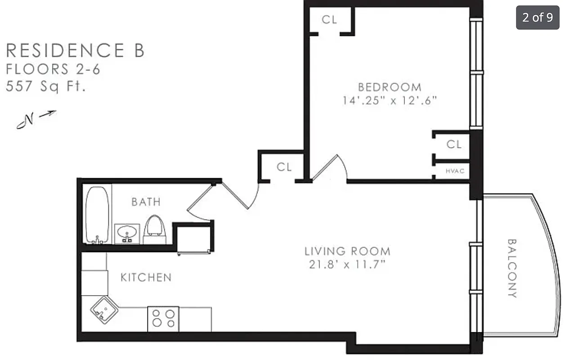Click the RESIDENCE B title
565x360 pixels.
click(75, 50)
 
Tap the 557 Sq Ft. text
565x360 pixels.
click(45, 86)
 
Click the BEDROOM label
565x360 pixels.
click(390, 87)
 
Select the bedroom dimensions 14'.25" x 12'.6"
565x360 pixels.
click(390, 100)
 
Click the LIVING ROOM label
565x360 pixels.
click(347, 251)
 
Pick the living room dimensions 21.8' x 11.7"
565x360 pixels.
click(347, 265)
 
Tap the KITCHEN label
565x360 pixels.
click(146, 278)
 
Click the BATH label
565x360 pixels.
click(146, 202)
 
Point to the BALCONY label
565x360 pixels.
click(512, 268)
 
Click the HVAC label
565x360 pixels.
click(454, 171)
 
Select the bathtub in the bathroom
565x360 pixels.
click(97, 215)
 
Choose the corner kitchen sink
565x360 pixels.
click(103, 309)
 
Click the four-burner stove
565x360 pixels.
click(163, 319)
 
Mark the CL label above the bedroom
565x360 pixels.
click(329, 20)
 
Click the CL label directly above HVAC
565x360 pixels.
click(454, 144)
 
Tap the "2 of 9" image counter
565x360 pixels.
click(538, 18)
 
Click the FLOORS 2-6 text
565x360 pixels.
click(53, 69)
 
